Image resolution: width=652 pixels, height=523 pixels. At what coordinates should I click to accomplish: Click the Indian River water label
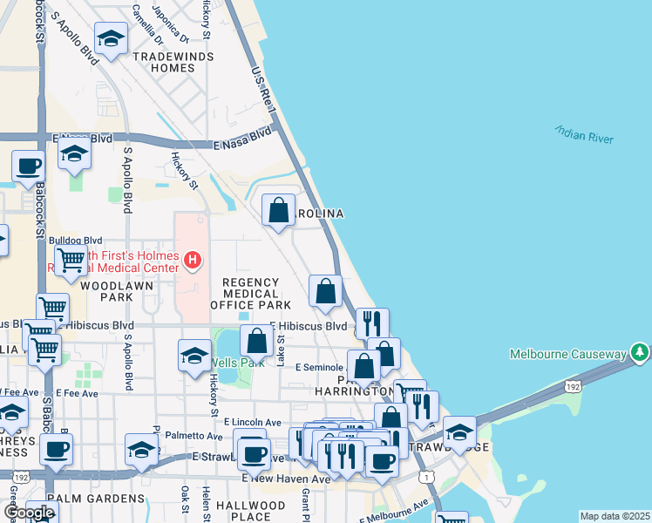pos(583,134)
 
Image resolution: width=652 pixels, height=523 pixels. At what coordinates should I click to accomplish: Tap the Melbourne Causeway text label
pos(567,353)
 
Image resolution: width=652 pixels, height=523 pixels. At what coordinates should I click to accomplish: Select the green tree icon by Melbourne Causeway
pos(641,352)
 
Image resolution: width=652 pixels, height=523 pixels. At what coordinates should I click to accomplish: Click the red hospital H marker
pos(193,259)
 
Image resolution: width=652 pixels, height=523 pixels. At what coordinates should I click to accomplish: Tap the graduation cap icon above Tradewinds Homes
pos(111,38)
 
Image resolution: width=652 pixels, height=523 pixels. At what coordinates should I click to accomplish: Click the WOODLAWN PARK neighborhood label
pos(105,291)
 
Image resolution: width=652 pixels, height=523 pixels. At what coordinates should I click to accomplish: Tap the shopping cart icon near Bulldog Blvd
pos(70,259)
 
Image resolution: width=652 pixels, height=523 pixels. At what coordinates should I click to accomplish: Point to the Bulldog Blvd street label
pos(75,240)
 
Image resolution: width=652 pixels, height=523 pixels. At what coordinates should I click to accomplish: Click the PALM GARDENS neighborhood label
pos(95,499)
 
